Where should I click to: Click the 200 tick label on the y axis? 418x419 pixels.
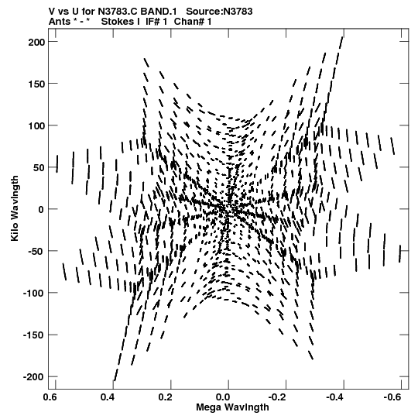[36, 42]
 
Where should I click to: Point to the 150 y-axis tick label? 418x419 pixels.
[36, 84]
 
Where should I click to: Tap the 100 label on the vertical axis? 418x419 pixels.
[36, 125]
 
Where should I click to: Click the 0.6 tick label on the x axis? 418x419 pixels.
[50, 397]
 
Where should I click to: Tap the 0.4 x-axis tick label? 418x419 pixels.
[108, 397]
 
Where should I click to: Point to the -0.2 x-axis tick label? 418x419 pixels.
[279, 397]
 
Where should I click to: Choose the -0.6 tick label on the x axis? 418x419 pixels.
[394, 397]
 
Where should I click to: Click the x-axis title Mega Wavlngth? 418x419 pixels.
[232, 407]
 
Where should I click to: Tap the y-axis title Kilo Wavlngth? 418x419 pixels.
[15, 208]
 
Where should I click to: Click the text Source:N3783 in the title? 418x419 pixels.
[219, 12]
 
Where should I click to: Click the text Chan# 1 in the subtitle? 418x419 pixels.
[193, 22]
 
